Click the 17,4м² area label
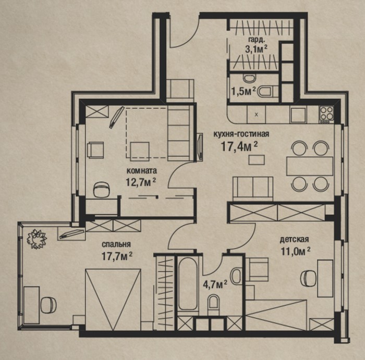coord(239,146)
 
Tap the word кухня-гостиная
coord(241,134)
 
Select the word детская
coord(295,239)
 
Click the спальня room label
coord(116,244)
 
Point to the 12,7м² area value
coord(141,182)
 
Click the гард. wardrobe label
coord(256,40)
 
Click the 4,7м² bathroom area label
coord(215,284)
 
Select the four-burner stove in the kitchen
coord(326,115)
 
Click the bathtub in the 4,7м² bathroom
coord(188,283)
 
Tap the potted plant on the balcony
coord(36,239)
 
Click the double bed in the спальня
coord(113,300)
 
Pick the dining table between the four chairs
coord(310,166)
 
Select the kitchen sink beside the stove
coord(298,115)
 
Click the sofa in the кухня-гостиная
coord(253,189)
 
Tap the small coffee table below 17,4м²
coord(257,160)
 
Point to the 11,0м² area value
coord(296,251)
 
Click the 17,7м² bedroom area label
coord(117,256)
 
